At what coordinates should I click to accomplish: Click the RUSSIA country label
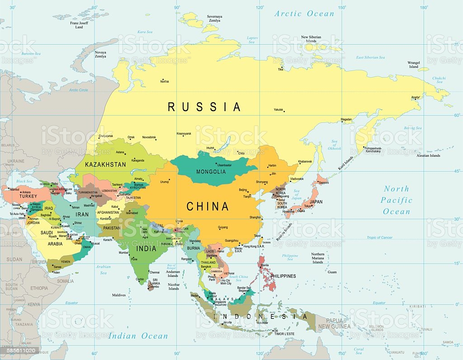(x=204, y=107)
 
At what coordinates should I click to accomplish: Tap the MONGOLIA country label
(x=211, y=172)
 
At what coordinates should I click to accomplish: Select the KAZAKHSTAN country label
(x=105, y=164)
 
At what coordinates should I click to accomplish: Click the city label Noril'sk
(x=164, y=81)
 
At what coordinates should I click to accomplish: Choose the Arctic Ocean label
(x=304, y=14)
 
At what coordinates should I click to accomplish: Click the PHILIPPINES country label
(x=283, y=276)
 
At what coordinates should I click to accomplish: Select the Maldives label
(x=119, y=295)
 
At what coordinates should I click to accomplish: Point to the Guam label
(x=332, y=272)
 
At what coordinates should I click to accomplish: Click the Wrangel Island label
(x=414, y=64)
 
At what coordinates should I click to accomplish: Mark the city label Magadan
(x=346, y=119)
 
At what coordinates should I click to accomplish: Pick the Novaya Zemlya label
(x=100, y=54)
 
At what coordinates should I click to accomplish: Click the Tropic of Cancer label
(x=379, y=238)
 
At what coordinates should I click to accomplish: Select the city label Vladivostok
(x=296, y=179)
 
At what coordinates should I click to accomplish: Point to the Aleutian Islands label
(x=428, y=155)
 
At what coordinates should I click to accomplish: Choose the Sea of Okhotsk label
(x=334, y=145)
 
